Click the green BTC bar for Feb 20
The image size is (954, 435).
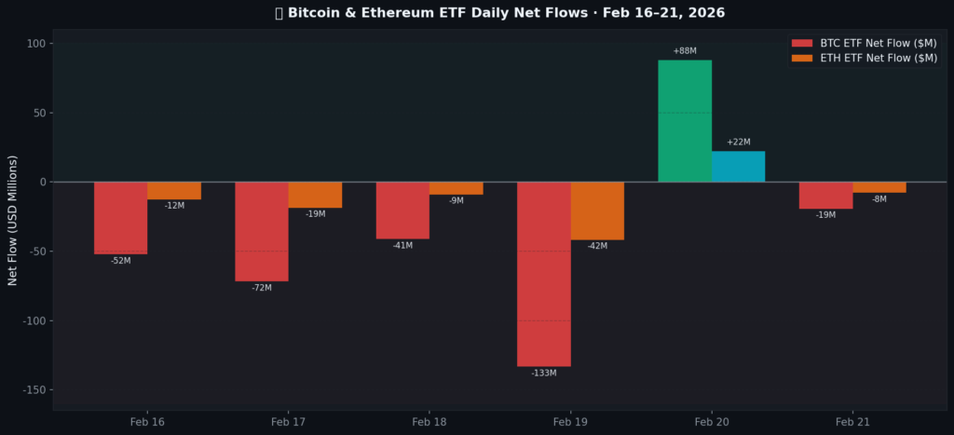click(x=685, y=121)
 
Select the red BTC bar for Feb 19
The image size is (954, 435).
click(x=543, y=274)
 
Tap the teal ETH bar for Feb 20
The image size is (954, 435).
click(x=738, y=167)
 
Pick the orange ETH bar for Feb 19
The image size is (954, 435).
click(x=597, y=211)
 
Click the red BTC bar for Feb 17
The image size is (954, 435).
click(x=261, y=231)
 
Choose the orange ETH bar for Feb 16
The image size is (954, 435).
click(x=174, y=190)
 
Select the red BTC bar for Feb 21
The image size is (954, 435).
click(x=825, y=195)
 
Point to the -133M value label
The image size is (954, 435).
click(x=543, y=374)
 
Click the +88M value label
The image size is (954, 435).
click(x=685, y=51)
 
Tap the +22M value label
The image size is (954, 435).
click(x=738, y=143)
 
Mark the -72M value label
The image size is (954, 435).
click(x=261, y=288)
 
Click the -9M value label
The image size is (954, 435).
click(x=456, y=201)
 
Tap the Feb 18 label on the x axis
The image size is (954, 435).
click(x=429, y=423)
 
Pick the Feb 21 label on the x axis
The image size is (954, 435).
click(x=852, y=423)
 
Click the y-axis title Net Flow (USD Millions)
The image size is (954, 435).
click(x=13, y=221)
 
